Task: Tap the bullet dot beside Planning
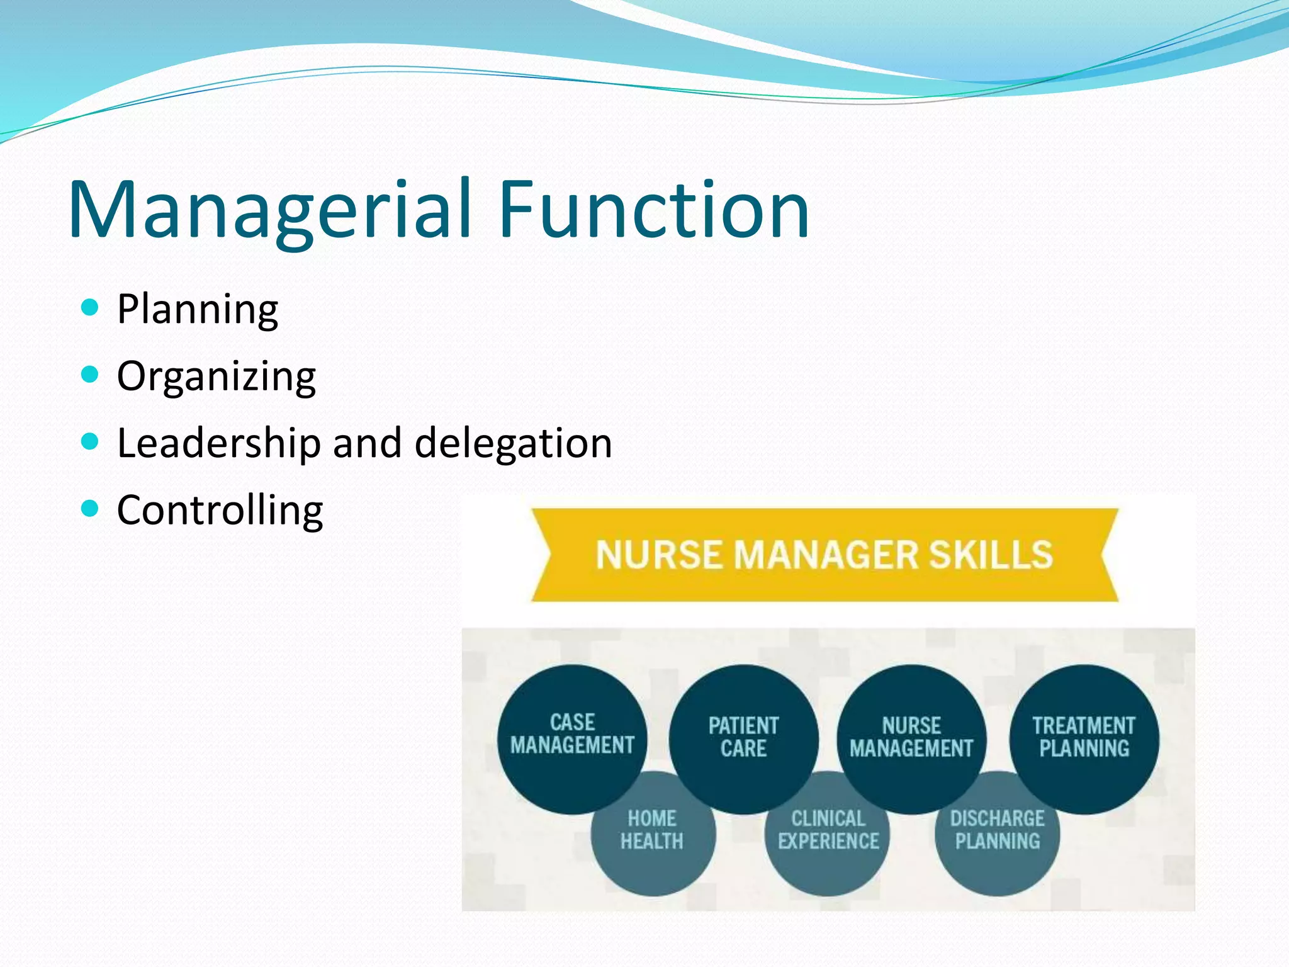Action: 91,308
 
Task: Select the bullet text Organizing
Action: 217,376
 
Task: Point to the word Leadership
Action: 219,443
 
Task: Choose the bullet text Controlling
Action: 220,510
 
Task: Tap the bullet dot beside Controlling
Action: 91,508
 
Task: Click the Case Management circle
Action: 571,733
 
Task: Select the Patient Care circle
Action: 743,737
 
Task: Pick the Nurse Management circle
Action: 911,737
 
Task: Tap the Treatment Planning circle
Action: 1084,737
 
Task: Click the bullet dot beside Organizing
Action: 91,375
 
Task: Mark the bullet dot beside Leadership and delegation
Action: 91,442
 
